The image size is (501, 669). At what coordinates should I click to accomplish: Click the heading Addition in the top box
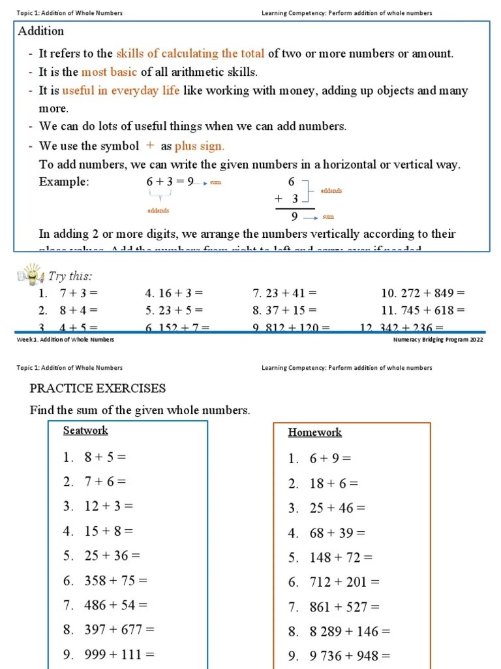point(40,31)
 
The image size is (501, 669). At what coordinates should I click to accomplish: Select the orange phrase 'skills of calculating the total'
point(190,54)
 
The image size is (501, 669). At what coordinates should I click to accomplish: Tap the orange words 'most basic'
point(109,72)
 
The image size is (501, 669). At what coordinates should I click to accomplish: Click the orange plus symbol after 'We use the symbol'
point(150,146)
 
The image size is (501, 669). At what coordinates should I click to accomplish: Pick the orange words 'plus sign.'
point(200,146)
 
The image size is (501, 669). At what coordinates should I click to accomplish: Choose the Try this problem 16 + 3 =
point(174,293)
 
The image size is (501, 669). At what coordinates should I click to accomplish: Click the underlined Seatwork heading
point(85,431)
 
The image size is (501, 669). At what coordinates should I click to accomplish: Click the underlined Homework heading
point(314,432)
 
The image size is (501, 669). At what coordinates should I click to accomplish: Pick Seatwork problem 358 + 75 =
point(106,580)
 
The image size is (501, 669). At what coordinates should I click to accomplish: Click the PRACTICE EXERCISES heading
point(98,388)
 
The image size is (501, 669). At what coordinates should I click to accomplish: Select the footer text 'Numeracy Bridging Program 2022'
point(438,340)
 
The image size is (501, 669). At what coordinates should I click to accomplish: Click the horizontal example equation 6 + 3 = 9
point(170,182)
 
